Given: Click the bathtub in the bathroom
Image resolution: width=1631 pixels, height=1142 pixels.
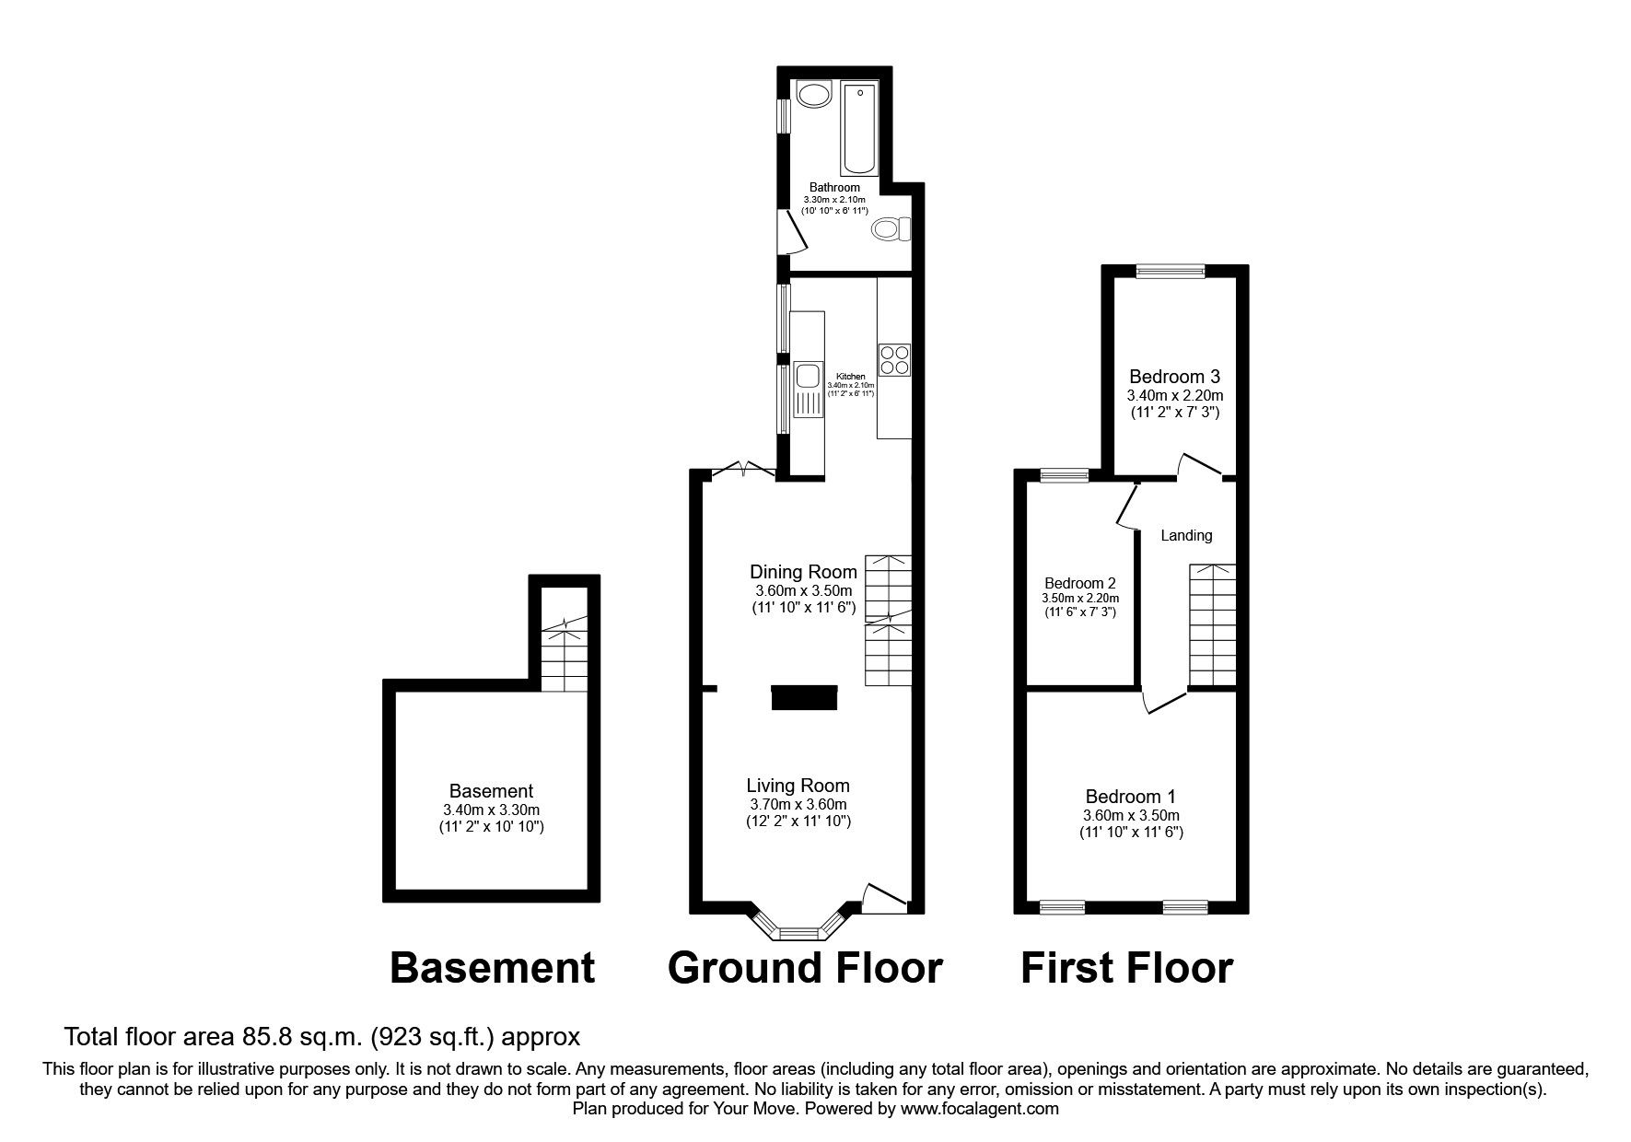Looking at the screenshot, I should (860, 128).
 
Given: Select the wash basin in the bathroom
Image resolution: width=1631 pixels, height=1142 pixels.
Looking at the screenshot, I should (813, 94).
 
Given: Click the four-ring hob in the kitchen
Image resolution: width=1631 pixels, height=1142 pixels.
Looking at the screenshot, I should (894, 359).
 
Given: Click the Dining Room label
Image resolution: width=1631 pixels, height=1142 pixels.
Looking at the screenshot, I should (803, 572).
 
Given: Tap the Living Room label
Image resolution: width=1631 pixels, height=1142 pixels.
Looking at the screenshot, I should (798, 786).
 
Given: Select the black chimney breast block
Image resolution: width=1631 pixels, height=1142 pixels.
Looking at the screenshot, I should (804, 698).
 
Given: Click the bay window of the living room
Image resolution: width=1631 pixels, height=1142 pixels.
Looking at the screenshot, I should (798, 928).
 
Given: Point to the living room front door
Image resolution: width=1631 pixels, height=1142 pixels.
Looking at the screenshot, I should (882, 899).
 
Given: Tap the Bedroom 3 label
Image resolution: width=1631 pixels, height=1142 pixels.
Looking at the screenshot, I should (1174, 376).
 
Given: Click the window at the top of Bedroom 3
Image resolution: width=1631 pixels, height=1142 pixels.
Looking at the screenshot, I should (1170, 271).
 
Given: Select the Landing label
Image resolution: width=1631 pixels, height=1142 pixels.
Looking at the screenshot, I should (1186, 535).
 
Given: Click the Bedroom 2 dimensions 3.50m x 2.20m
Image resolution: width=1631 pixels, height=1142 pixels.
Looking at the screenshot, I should (1080, 598).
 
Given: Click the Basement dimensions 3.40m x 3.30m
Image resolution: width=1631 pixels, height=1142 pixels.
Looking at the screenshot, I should (491, 810).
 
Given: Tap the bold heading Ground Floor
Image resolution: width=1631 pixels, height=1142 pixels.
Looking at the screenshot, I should (805, 969).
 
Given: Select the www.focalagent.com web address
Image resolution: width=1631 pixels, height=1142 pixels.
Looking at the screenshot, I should (979, 1109).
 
